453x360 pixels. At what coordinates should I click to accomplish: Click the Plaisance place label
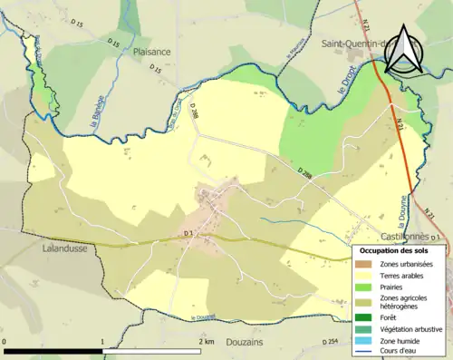click(x=152, y=53)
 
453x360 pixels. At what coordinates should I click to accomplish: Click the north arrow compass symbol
click(x=402, y=53)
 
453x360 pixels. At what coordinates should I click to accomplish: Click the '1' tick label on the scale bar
click(x=102, y=341)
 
